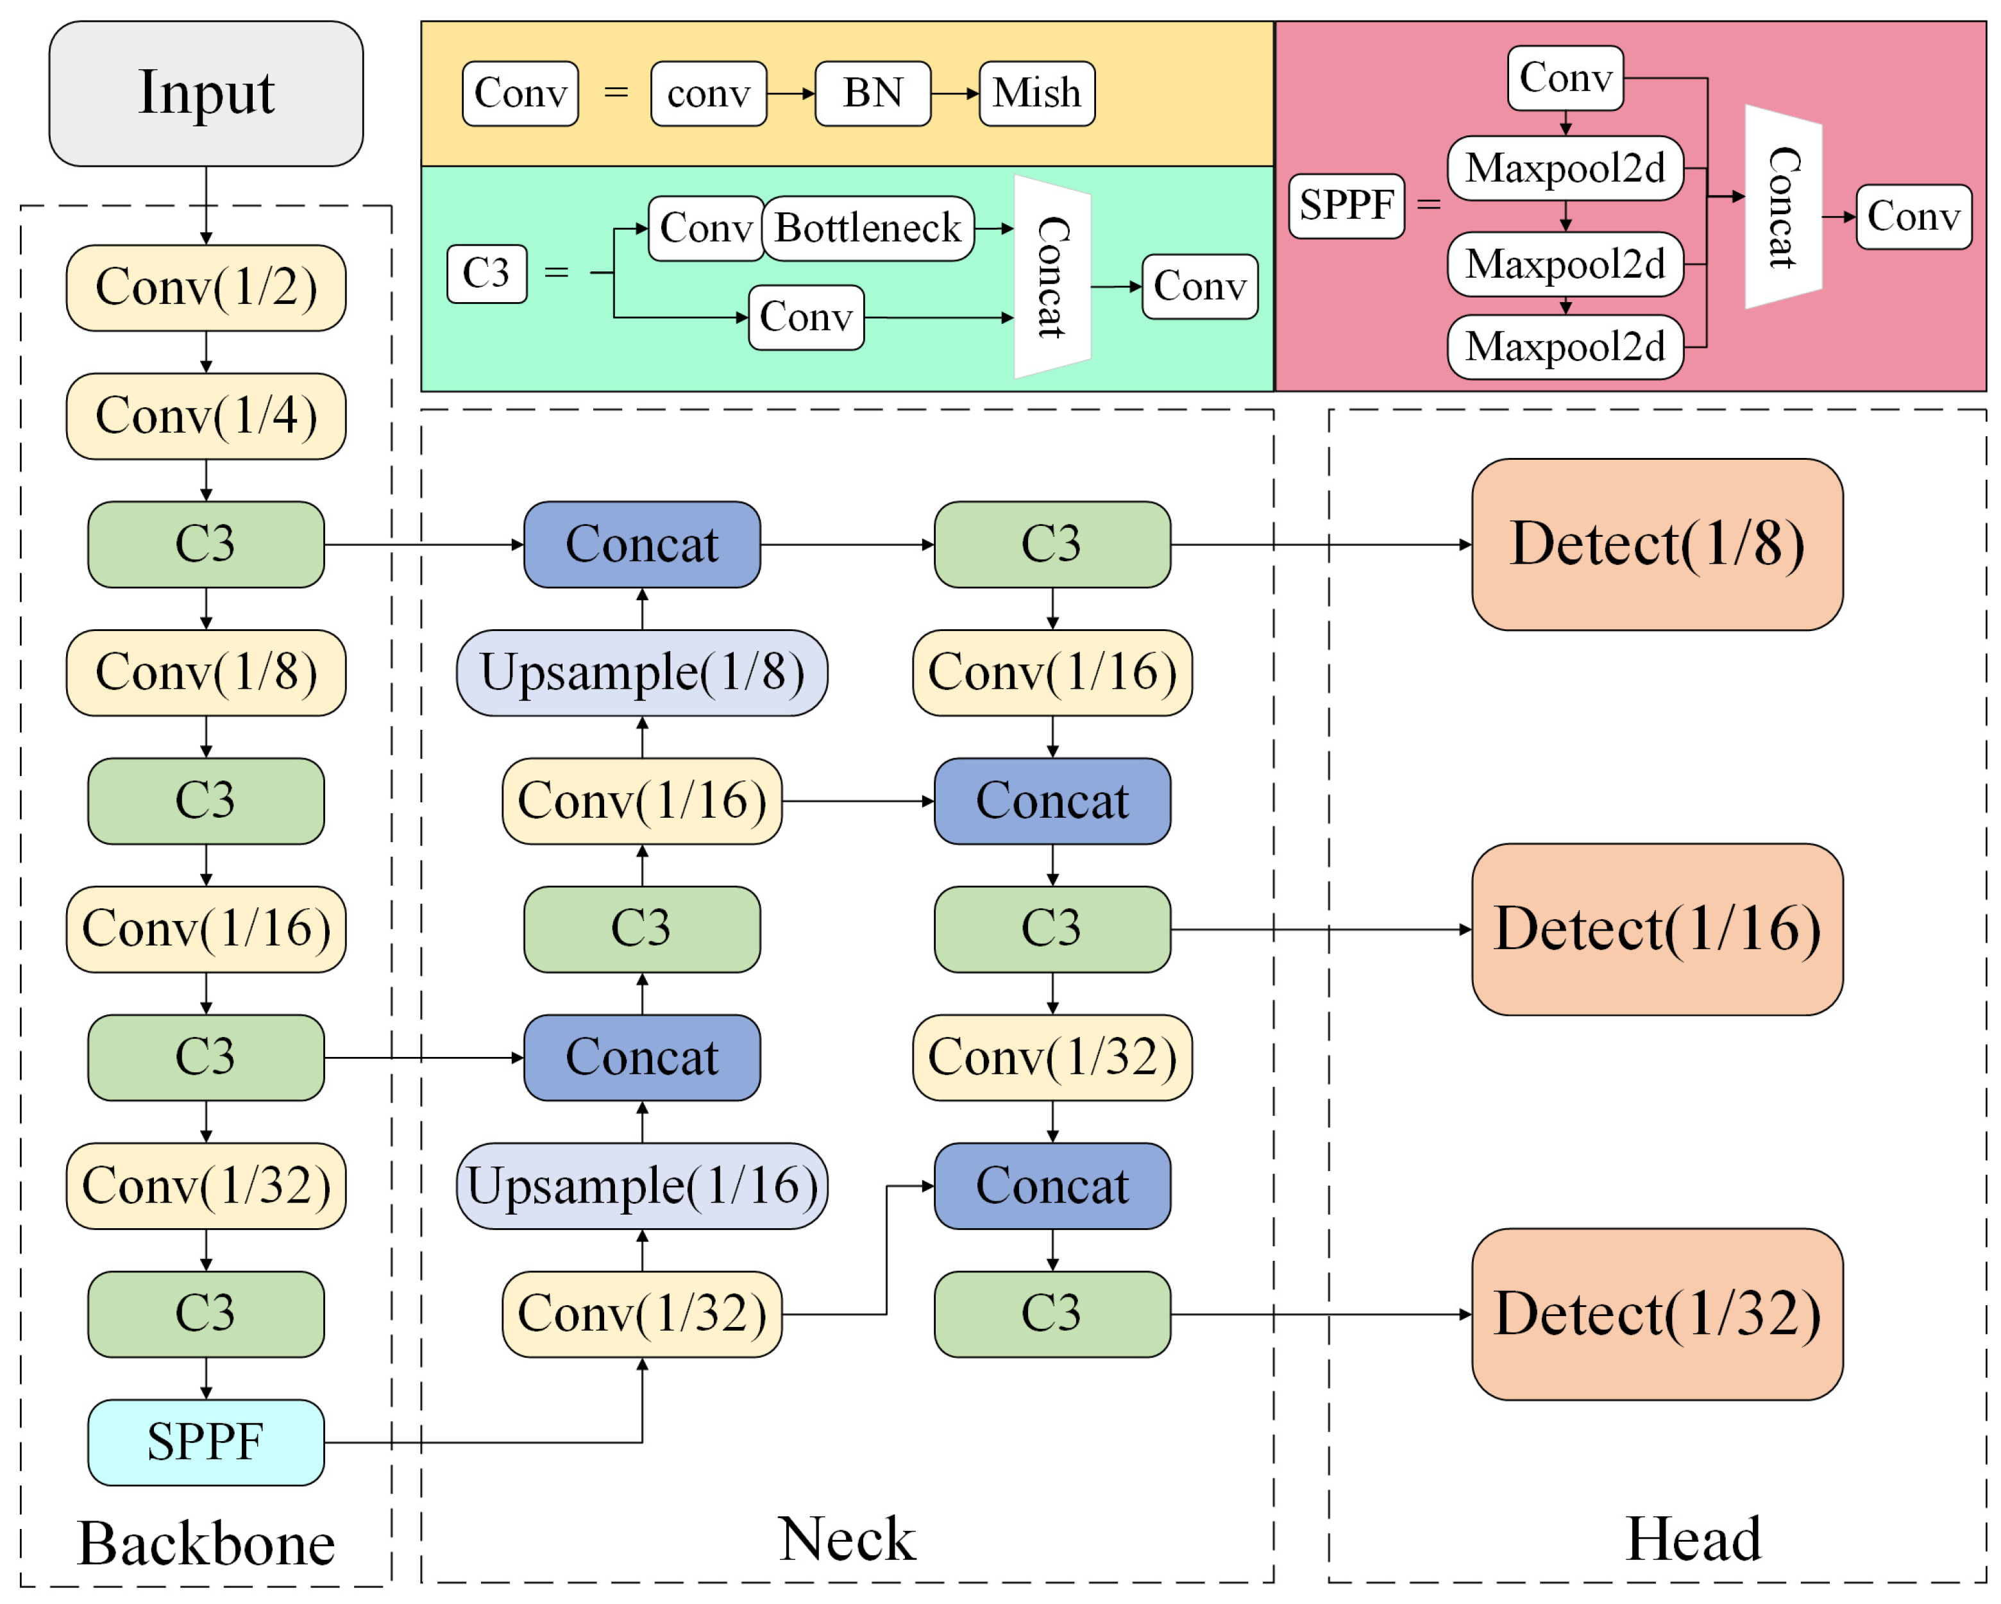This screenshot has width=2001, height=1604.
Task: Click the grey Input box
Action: (206, 94)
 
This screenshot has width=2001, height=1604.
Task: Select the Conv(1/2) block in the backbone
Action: (206, 288)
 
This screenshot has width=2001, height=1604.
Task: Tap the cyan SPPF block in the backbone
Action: (206, 1442)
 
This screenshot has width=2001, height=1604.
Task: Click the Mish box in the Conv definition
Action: (1036, 94)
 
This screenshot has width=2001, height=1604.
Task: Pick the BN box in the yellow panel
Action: (872, 94)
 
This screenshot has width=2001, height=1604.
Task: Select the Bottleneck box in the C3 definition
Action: (868, 228)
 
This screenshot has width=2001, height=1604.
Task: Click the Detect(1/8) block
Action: (1657, 545)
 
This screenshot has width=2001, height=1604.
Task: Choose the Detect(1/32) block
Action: (1657, 1314)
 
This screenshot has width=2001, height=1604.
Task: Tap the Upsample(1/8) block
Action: (641, 673)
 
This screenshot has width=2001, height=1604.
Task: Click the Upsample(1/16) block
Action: (641, 1186)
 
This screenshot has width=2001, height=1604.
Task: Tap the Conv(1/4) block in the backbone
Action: (206, 416)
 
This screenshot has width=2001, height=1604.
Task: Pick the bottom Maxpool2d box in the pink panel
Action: (1565, 347)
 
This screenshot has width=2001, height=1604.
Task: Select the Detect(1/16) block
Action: (1657, 929)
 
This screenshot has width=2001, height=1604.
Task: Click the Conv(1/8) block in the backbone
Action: (206, 673)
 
